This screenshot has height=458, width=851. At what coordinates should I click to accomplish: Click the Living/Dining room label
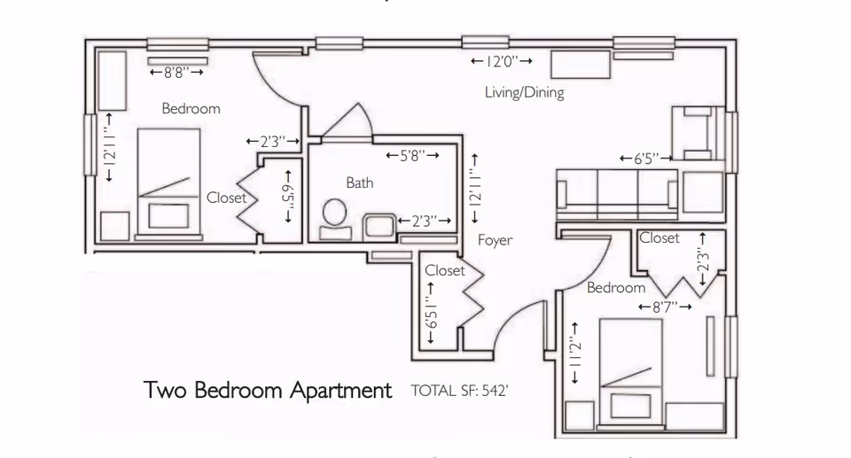point(524,92)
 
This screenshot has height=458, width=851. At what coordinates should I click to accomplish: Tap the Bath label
point(360,182)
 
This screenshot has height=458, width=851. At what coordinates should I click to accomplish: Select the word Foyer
point(495,240)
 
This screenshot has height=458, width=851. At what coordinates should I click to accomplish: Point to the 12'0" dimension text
point(502,61)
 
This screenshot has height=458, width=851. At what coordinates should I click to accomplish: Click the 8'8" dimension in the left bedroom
point(176,72)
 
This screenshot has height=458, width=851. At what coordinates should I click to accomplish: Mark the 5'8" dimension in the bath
point(412,156)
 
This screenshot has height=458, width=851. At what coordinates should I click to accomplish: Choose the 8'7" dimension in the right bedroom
point(665,307)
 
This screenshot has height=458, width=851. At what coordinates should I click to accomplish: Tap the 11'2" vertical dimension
point(574,353)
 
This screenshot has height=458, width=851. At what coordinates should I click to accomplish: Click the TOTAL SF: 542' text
point(459,391)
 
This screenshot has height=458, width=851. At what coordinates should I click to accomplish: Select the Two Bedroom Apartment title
point(268,390)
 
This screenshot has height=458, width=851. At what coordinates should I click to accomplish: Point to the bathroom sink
point(379,226)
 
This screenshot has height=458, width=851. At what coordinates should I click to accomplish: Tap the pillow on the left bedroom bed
point(168,215)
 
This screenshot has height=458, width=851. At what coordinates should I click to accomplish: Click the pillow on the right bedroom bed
point(630,406)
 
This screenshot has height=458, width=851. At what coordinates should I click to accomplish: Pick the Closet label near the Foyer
point(444,270)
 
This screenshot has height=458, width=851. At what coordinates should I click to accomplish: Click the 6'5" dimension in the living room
point(646,159)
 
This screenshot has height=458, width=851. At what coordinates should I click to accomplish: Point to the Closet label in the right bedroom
point(659,237)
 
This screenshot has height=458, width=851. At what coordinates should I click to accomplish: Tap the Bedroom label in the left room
point(191,109)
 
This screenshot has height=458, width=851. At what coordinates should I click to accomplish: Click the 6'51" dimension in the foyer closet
point(431,313)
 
